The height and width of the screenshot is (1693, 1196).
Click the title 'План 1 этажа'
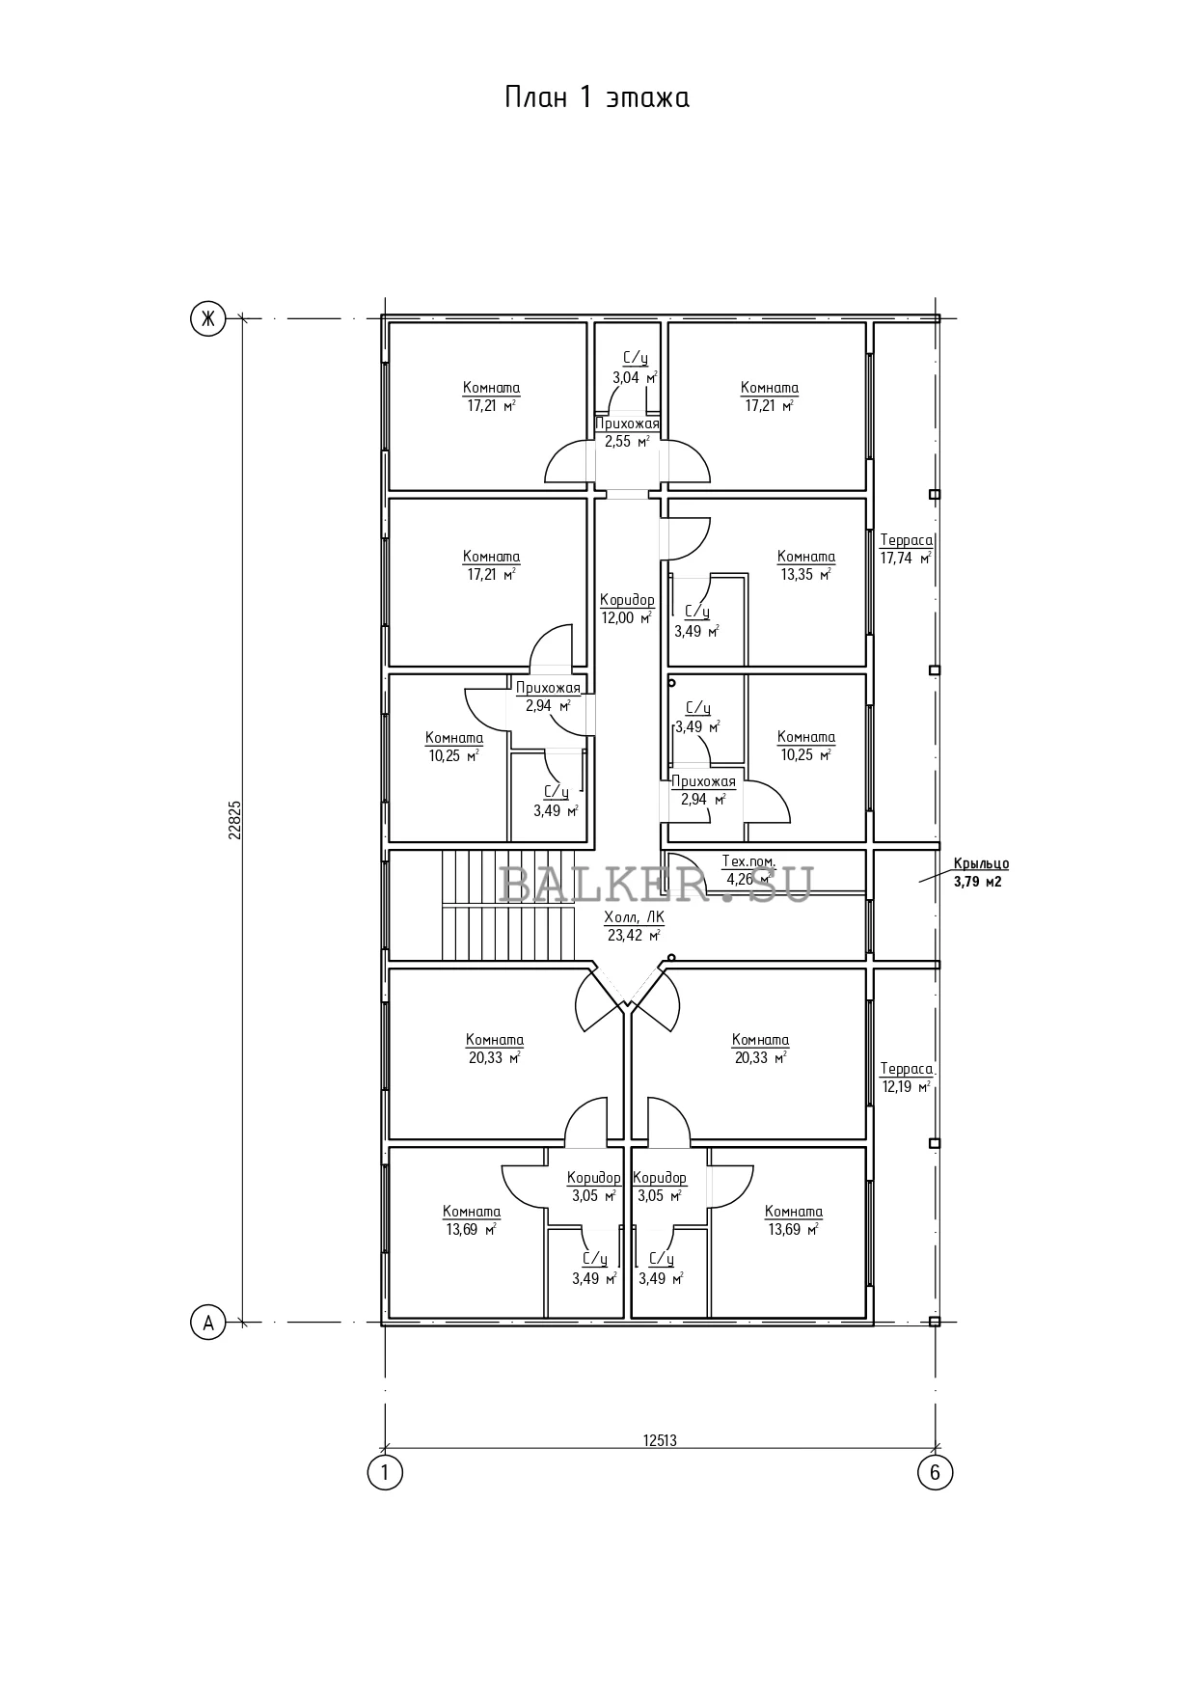pyautogui.click(x=597, y=97)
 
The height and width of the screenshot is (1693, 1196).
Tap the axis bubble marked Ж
pyautogui.click(x=207, y=317)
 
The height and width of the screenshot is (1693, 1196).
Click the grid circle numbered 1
pyautogui.click(x=385, y=1472)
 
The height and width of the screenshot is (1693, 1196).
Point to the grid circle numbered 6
pyautogui.click(x=935, y=1472)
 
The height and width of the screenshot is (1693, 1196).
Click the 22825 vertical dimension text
pyautogui.click(x=234, y=820)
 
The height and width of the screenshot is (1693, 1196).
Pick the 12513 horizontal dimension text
pyautogui.click(x=660, y=1440)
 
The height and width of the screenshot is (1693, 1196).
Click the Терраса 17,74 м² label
pyautogui.click(x=906, y=549)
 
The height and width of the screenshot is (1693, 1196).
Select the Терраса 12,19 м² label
pyautogui.click(x=906, y=1078)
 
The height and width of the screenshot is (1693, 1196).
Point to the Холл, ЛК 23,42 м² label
pyautogui.click(x=634, y=926)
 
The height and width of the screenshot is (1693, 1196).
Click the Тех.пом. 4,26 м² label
pyautogui.click(x=748, y=869)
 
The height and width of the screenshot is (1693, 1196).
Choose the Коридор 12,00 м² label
pyautogui.click(x=627, y=609)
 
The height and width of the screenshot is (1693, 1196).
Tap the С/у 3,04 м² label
pyautogui.click(x=635, y=369)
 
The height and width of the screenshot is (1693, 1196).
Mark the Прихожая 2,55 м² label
pyautogui.click(x=628, y=432)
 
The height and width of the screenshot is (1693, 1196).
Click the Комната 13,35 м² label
pyautogui.click(x=806, y=565)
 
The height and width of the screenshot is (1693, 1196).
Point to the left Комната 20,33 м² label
pyautogui.click(x=495, y=1049)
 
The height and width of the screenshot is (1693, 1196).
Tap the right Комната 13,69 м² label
pyautogui.click(x=794, y=1220)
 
